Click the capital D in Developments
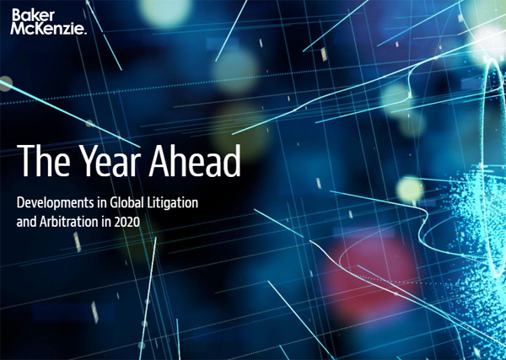[22, 203]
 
